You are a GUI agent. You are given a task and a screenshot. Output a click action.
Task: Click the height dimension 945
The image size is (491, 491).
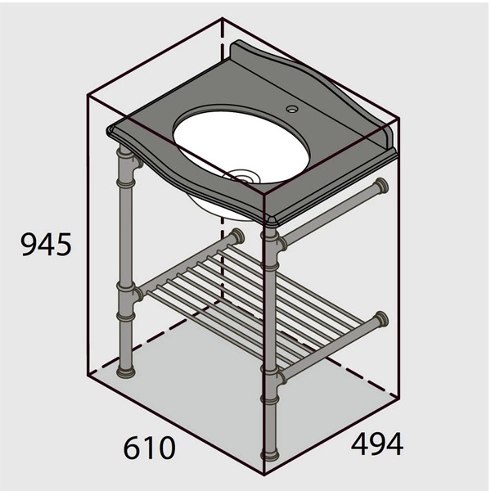click(46, 244)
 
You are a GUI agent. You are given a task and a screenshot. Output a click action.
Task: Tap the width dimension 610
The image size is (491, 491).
click(149, 448)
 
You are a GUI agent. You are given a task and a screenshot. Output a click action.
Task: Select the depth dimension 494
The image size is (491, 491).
click(377, 444)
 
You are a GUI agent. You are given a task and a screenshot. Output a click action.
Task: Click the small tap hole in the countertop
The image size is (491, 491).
click(291, 110)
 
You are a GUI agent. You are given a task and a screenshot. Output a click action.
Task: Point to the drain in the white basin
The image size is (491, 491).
click(244, 177)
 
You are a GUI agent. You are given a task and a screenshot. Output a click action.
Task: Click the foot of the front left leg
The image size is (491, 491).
click(125, 372)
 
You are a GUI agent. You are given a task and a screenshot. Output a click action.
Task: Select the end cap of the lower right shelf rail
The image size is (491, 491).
click(381, 319)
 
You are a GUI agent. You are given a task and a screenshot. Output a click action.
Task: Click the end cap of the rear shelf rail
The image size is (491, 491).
click(237, 236)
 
